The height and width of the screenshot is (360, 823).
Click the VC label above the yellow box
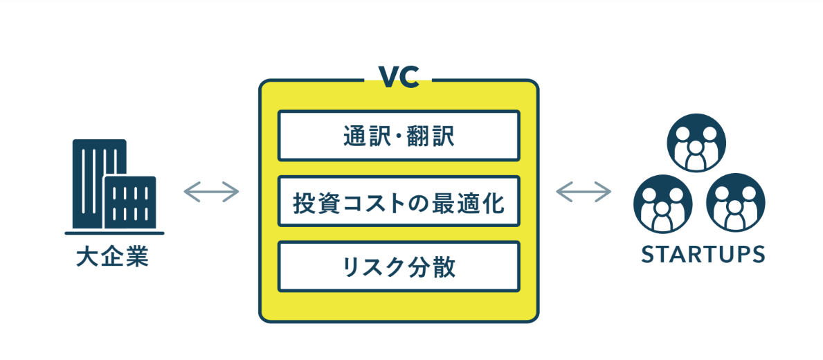click(398, 77)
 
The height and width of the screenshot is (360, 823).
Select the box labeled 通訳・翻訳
click(399, 136)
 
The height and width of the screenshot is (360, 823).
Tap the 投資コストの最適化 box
click(399, 202)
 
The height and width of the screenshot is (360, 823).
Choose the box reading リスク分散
click(399, 267)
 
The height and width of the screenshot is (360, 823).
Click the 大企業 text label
click(113, 258)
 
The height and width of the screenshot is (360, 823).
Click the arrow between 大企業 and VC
click(211, 191)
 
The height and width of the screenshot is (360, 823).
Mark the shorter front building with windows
click(130, 202)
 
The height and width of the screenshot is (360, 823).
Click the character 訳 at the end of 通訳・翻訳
click(444, 136)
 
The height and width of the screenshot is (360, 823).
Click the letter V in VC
click(388, 77)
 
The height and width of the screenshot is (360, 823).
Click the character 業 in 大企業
click(137, 258)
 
